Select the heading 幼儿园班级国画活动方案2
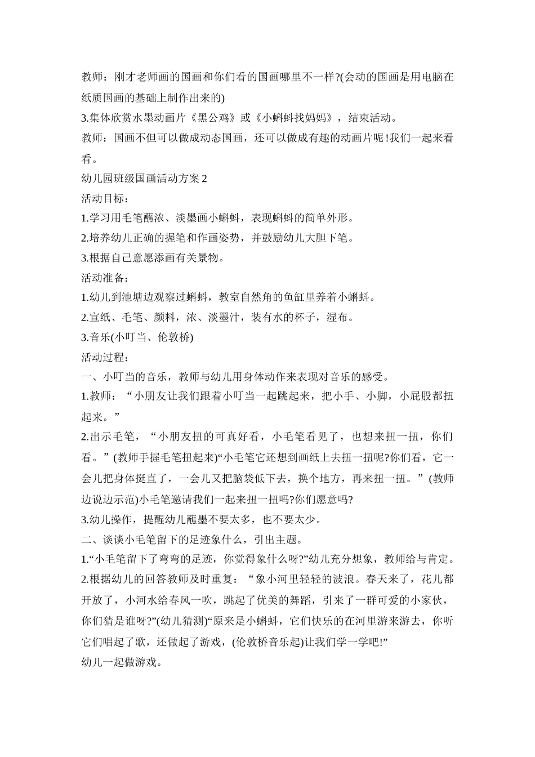[x=145, y=179]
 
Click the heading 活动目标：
[x=105, y=199]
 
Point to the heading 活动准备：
[x=105, y=278]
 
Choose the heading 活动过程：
[x=105, y=357]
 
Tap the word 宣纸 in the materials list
[x=99, y=317]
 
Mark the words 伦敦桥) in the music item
[x=174, y=337]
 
